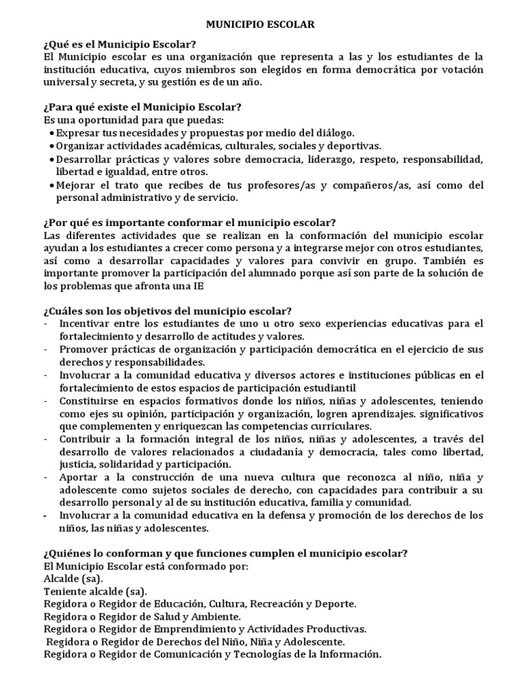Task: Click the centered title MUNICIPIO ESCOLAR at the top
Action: click(x=260, y=24)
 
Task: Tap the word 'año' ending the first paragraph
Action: click(x=249, y=82)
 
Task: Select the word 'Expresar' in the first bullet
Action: click(x=76, y=133)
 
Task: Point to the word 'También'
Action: click(x=444, y=261)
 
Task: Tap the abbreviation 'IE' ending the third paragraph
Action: click(x=199, y=286)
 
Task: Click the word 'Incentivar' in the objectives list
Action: click(x=83, y=323)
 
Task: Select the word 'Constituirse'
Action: click(x=88, y=400)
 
